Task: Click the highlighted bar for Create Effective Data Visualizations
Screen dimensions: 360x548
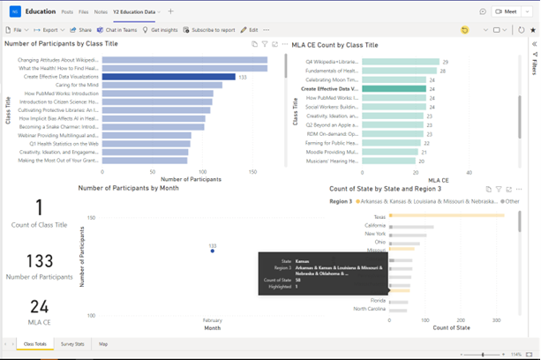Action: pyautogui.click(x=168, y=78)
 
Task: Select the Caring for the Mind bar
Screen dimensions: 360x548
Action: pyautogui.click(x=159, y=86)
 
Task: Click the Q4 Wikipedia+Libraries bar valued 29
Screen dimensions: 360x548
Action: pyautogui.click(x=402, y=62)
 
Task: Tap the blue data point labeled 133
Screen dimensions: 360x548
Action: pyautogui.click(x=212, y=251)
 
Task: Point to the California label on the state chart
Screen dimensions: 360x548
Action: pyautogui.click(x=374, y=227)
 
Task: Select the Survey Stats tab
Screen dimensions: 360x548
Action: pyautogui.click(x=73, y=344)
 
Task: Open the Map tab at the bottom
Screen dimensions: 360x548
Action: pyautogui.click(x=103, y=344)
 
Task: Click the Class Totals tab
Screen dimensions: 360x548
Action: pyautogui.click(x=36, y=344)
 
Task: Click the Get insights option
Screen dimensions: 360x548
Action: pyautogui.click(x=162, y=30)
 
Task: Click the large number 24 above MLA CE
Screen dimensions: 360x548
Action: pyautogui.click(x=39, y=306)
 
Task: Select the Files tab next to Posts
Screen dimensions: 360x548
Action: pyautogui.click(x=83, y=11)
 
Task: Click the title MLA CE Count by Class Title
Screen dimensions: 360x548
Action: pyautogui.click(x=345, y=43)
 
